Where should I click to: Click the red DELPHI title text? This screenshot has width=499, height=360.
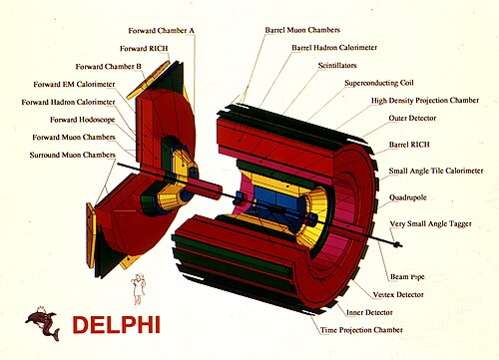click(x=117, y=324)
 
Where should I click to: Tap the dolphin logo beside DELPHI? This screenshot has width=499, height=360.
click(x=43, y=323)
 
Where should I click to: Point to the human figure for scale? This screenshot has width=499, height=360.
click(x=139, y=288)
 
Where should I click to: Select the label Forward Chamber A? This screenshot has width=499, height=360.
click(x=162, y=31)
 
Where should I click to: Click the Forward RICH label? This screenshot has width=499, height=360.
click(x=144, y=49)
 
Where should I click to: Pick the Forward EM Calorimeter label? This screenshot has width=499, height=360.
click(x=74, y=84)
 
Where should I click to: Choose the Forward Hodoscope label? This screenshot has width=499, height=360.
click(x=83, y=120)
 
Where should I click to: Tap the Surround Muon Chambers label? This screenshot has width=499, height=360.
click(x=73, y=155)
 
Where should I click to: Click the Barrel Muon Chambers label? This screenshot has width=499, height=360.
click(x=302, y=30)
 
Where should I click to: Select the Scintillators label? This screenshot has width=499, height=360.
click(x=337, y=65)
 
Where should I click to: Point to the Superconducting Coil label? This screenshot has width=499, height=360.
click(x=379, y=83)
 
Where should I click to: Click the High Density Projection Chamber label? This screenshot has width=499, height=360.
click(x=425, y=101)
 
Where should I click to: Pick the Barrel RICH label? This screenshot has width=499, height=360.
click(x=409, y=145)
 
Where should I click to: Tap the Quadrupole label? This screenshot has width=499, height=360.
click(x=408, y=197)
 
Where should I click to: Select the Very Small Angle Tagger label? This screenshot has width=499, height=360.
click(x=431, y=224)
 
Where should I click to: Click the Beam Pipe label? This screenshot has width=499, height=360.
click(x=407, y=276)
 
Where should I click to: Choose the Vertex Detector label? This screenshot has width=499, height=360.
click(x=398, y=294)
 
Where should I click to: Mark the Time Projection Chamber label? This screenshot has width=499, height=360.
click(x=361, y=330)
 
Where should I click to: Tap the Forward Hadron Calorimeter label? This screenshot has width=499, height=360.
click(x=68, y=102)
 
